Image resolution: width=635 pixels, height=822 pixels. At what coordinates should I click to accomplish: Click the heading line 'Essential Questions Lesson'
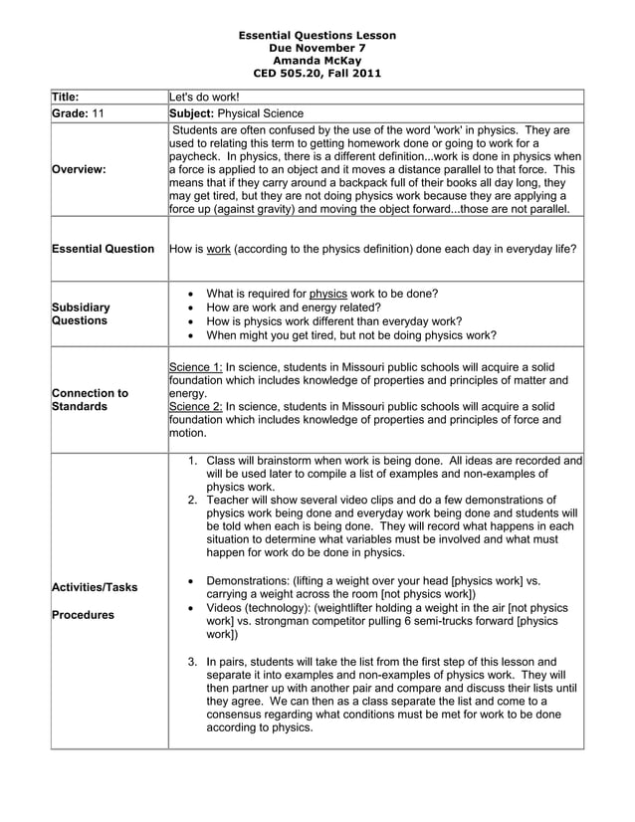click(x=317, y=35)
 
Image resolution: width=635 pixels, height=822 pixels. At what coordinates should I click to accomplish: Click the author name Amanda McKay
click(x=317, y=60)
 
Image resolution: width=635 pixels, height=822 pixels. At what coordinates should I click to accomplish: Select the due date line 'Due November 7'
click(x=317, y=48)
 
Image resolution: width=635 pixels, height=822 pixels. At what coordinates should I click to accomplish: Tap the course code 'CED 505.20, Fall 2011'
click(x=317, y=73)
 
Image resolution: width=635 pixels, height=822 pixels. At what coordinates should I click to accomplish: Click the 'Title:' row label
click(x=68, y=98)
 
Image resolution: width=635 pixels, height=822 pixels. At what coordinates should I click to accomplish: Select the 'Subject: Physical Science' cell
click(x=237, y=113)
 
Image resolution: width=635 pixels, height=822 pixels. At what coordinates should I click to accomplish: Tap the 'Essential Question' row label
click(x=104, y=249)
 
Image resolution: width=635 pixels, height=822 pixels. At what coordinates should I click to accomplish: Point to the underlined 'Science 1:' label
click(x=196, y=366)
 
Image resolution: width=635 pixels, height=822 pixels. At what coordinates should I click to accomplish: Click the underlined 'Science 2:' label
click(x=196, y=406)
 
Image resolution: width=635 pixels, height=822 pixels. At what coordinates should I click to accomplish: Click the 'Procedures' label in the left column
click(x=83, y=615)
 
